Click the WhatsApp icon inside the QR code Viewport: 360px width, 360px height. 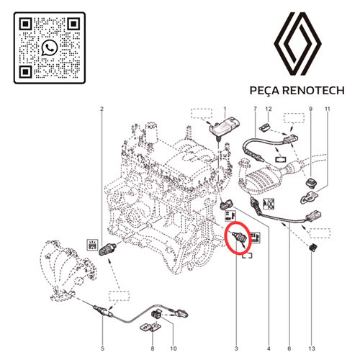click(50, 48)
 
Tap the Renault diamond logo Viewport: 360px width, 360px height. click(297, 44)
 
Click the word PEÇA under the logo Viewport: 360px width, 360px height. click(264, 91)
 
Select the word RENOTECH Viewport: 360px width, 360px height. click(313, 91)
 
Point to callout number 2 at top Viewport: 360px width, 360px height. click(102, 109)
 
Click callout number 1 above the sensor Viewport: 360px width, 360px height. click(225, 109)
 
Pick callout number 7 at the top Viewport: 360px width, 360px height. click(255, 109)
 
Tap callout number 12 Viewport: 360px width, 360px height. click(269, 109)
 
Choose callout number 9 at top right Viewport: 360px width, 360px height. click(311, 109)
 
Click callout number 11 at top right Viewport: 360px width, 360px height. click(328, 109)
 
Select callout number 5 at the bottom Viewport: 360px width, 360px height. click(102, 348)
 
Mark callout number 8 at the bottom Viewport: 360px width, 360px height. click(153, 348)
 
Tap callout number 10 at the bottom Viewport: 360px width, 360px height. click(174, 348)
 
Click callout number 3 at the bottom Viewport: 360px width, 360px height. click(236, 348)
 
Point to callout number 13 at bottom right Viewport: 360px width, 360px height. click(311, 348)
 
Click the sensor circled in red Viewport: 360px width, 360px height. click(239, 237)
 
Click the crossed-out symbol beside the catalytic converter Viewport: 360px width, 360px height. click(269, 204)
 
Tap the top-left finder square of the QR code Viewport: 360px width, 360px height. click(26, 24)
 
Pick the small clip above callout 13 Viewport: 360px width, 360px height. click(312, 248)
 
